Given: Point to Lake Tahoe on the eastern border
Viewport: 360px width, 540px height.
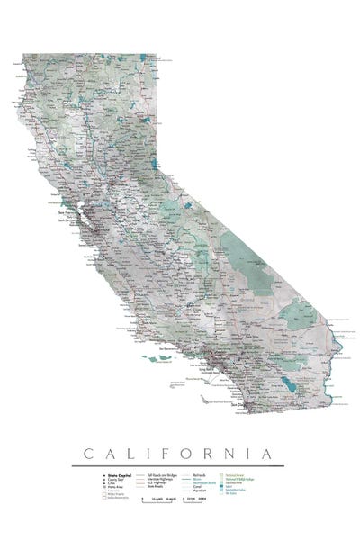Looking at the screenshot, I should tap(157, 164).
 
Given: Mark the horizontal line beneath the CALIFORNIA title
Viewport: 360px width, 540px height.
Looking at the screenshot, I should tap(180, 463).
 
